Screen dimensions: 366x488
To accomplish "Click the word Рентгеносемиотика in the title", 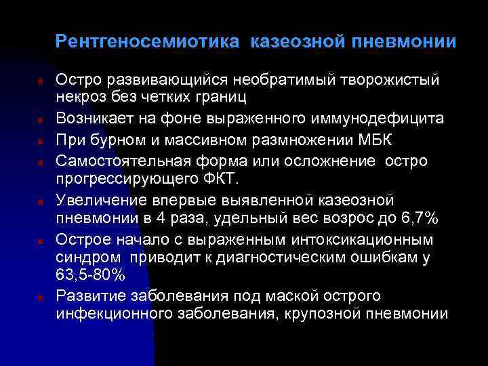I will pyautogui.click(x=147, y=42).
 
